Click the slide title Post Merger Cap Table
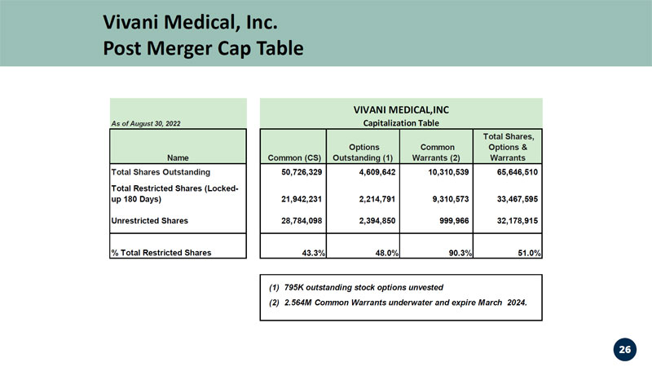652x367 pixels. tap(203, 48)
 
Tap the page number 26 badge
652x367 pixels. tap(624, 350)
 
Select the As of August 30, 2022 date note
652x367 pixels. tap(146, 124)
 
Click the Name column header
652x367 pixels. tap(178, 157)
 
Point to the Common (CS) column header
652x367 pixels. tap(294, 157)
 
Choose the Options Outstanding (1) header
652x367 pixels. tap(363, 153)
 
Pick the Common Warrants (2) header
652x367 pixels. tap(437, 153)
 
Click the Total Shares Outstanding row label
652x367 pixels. tap(161, 172)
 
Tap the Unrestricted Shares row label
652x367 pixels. tap(150, 220)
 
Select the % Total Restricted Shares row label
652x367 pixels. tap(161, 253)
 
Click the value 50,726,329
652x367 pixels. tap(302, 172)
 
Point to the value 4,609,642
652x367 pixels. tap(377, 172)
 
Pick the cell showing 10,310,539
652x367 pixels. tap(448, 172)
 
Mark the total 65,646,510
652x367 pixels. tap(518, 172)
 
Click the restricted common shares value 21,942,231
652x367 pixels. tap(302, 199)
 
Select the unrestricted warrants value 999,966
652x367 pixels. tap(454, 220)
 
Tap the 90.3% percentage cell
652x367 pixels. tap(460, 253)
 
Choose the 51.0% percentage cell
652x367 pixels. tap(529, 253)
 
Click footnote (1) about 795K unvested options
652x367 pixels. tap(356, 288)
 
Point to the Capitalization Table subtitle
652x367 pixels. tap(401, 123)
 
